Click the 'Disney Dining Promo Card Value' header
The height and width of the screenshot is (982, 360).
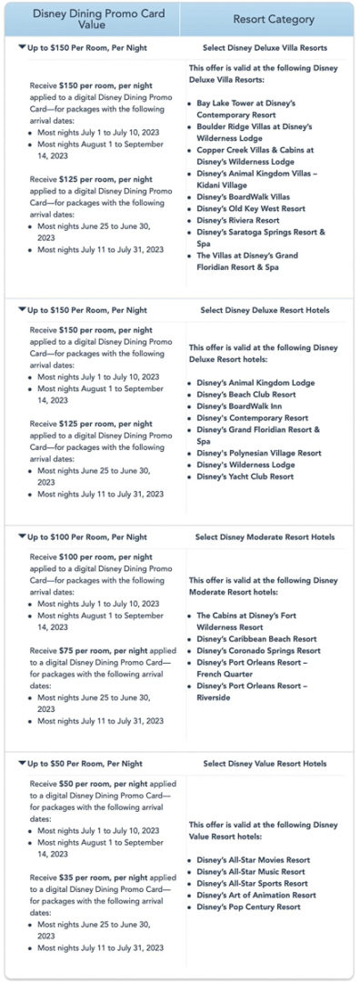89,19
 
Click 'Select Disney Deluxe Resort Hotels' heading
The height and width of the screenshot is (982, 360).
265,310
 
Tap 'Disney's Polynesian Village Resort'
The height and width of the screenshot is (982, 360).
259,453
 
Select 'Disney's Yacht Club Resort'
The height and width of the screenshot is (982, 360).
245,476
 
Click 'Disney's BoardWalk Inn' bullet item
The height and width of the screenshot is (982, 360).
239,406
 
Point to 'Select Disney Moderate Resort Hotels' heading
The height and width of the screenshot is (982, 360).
265,537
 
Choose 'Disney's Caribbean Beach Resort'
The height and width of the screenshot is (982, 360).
256,639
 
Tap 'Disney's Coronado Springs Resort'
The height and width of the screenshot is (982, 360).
258,651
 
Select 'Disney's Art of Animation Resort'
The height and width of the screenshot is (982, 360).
256,895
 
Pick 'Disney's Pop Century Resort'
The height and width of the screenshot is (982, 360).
248,907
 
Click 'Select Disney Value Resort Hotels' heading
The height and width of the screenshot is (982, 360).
265,764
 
